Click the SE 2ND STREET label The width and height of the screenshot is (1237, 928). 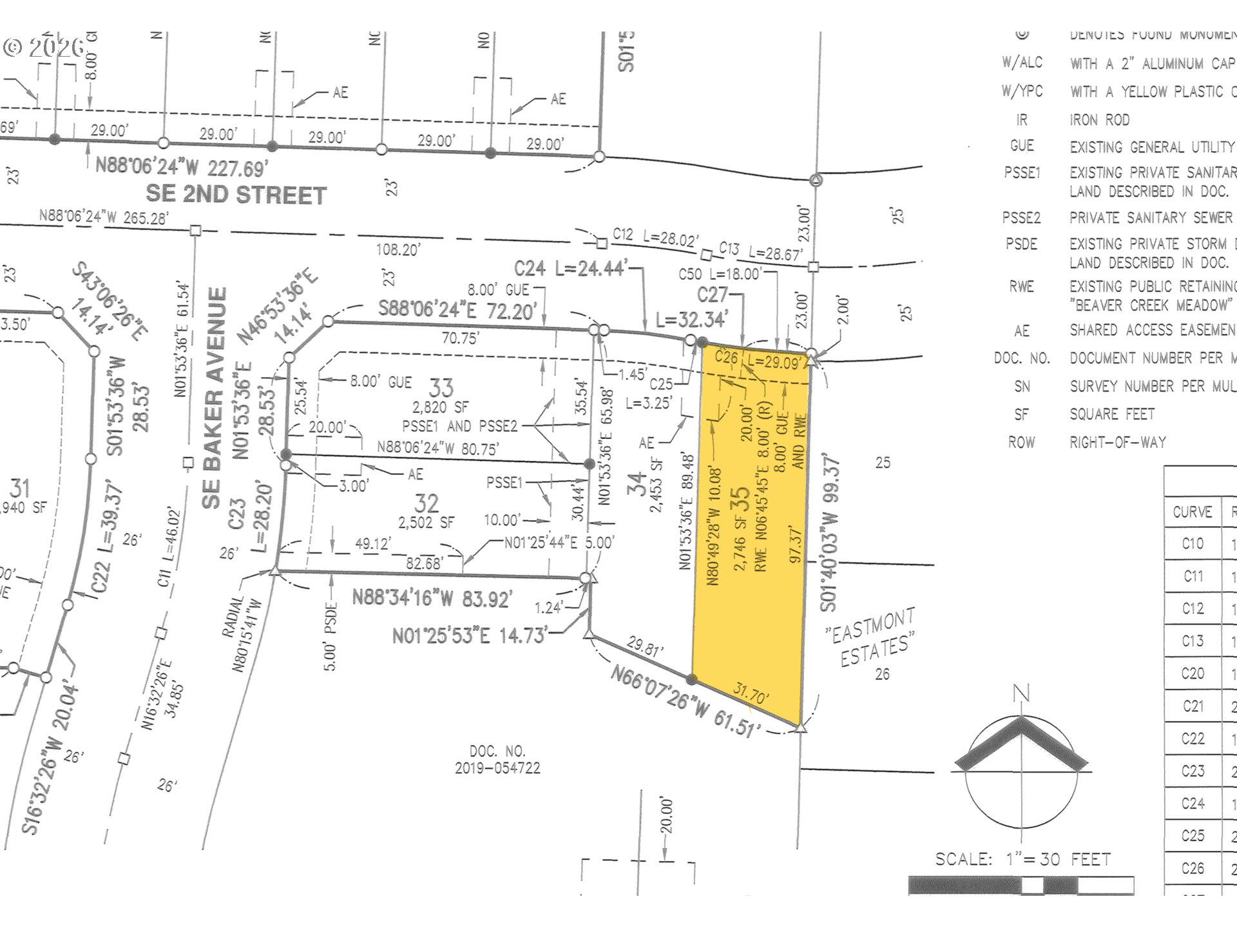236,195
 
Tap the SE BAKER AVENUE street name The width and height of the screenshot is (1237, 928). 215,398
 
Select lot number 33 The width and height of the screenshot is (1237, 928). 441,388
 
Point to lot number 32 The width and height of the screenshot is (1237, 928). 427,503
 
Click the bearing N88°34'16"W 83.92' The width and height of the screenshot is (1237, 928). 432,599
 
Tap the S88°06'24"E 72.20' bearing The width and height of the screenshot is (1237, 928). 457,310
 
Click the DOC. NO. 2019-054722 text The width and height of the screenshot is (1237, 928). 497,760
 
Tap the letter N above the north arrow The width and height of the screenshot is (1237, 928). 1021,694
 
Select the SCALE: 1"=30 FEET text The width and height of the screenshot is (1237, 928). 1023,859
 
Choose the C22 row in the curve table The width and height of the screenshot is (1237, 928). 1193,739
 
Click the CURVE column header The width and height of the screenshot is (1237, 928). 1193,512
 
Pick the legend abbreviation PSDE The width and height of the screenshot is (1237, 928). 1021,244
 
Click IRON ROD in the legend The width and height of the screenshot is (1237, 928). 1099,120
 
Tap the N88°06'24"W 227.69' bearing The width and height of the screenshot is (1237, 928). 181,168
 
